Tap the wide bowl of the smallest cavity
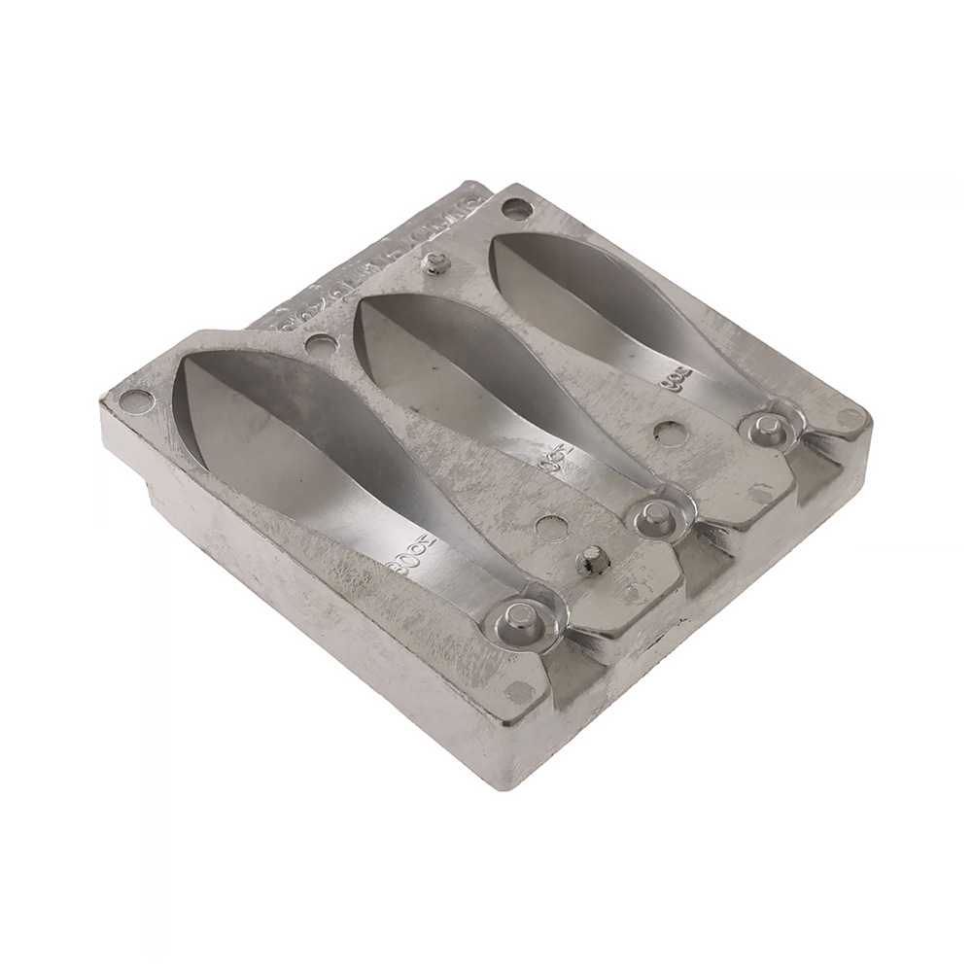[x=573, y=282]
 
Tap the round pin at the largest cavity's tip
[x=522, y=615]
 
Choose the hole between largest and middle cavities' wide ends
[x=320, y=343]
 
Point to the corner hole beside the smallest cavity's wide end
[x=517, y=208]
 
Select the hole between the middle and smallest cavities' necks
[x=670, y=434]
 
